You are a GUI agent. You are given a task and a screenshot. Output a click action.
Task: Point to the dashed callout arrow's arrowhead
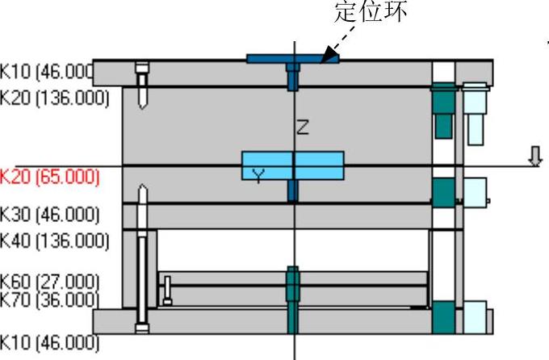pyautogui.click(x=325, y=58)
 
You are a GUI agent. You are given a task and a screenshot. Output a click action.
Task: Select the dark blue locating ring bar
pyautogui.click(x=292, y=59)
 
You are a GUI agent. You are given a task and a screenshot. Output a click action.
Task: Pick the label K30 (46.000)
pyautogui.click(x=49, y=216)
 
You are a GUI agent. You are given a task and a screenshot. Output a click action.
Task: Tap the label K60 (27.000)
pyautogui.click(x=49, y=281)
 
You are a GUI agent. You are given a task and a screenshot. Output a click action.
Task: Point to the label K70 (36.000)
pyautogui.click(x=49, y=299)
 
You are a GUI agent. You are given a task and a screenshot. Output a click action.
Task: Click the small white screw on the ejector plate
pyautogui.click(x=168, y=290)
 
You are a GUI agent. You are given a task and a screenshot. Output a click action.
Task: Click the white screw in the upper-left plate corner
pyautogui.click(x=143, y=85)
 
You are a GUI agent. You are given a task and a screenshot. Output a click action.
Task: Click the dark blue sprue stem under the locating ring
pyautogui.click(x=293, y=77)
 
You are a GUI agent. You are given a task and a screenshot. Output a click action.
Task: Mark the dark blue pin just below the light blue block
pyautogui.click(x=293, y=191)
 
